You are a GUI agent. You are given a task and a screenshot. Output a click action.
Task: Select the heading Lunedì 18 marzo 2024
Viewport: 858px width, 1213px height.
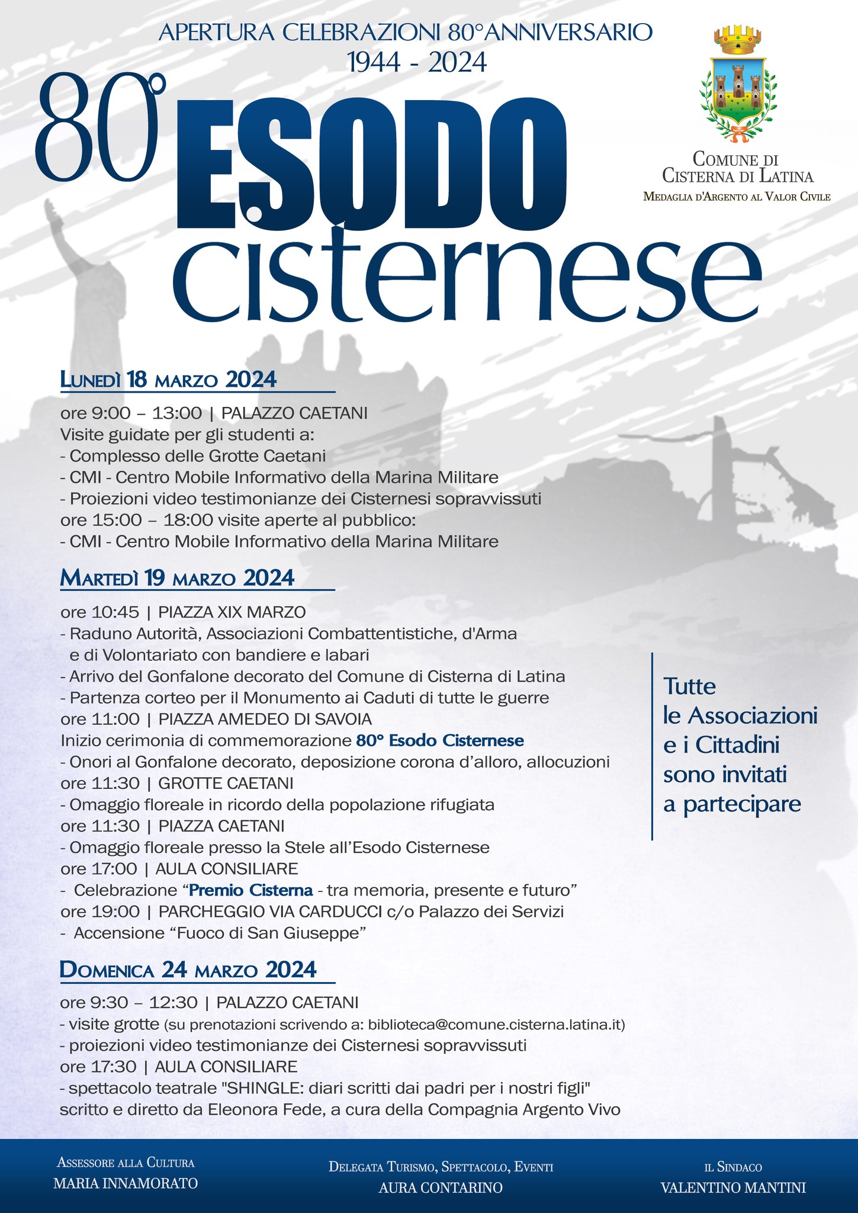[x=169, y=380]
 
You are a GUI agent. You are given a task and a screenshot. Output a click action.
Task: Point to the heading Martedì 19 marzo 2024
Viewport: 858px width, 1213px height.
[x=178, y=578]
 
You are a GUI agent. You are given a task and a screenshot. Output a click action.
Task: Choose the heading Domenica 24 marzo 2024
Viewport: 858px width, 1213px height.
[x=188, y=970]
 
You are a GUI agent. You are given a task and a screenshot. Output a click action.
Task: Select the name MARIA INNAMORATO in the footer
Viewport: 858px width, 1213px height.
[x=126, y=1183]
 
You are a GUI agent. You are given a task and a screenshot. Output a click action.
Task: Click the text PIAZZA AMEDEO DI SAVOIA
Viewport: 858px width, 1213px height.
[x=265, y=720]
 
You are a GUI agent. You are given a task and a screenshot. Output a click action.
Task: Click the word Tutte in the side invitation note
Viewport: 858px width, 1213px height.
[x=689, y=686]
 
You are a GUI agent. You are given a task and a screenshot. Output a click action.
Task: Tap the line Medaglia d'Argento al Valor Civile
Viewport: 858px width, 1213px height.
[x=737, y=197]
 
